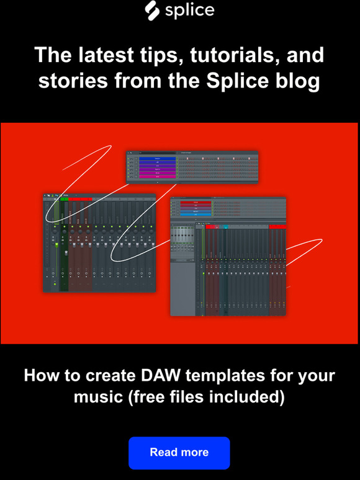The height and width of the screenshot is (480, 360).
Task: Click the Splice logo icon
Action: (x=152, y=9)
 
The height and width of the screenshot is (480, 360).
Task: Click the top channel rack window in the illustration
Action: (x=192, y=167)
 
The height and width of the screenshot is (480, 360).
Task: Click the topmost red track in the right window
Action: (x=194, y=202)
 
